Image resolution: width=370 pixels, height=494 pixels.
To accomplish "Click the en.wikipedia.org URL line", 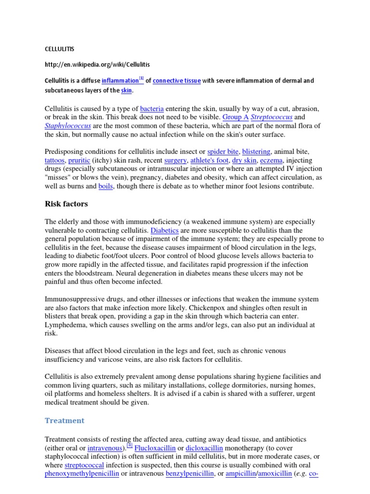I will [100, 64].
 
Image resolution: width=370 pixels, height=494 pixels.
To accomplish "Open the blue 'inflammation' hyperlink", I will [120, 81].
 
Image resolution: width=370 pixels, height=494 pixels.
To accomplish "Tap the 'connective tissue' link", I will [177, 81].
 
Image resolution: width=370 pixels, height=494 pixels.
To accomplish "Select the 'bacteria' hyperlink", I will [151, 109].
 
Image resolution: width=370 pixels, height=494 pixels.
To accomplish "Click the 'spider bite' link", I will [223, 151].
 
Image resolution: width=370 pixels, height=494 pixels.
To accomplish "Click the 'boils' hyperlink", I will [106, 186].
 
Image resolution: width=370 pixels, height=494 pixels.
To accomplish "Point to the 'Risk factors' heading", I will [66, 204].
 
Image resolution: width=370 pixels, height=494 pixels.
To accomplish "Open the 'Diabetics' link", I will [164, 231].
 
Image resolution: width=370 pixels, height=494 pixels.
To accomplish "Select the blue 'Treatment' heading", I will [64, 421].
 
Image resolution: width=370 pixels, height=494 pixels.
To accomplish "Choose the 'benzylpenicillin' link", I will [189, 474].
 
